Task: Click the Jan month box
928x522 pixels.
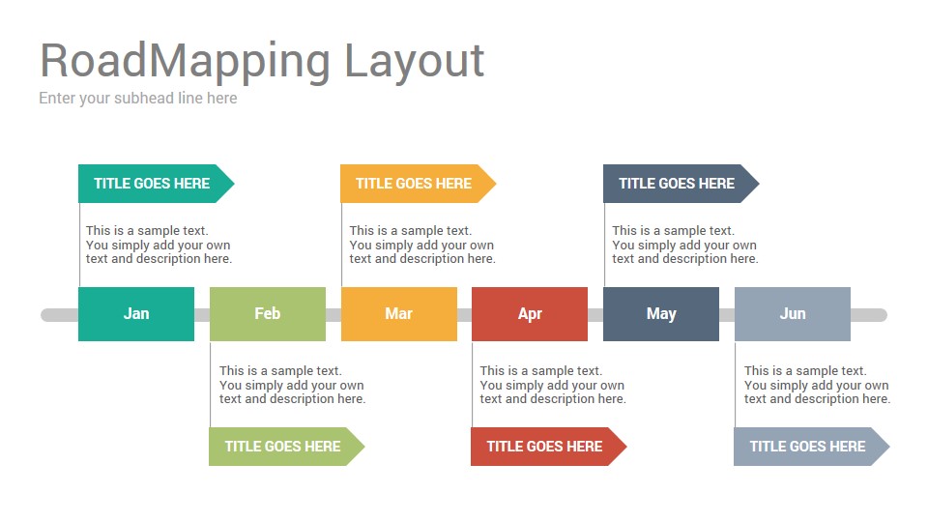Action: click(136, 314)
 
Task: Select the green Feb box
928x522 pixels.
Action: click(268, 314)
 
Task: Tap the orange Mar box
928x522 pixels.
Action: click(399, 314)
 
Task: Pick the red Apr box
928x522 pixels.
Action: click(530, 314)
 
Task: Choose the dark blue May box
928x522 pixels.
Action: click(661, 314)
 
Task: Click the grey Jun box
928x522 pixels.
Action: click(793, 314)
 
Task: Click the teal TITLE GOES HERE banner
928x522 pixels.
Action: click(153, 184)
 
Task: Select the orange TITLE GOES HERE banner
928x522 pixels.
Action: click(415, 184)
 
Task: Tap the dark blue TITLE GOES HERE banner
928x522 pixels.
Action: click(678, 184)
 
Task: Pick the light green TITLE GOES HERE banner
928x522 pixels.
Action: click(283, 447)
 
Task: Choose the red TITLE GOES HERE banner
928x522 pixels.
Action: click(545, 447)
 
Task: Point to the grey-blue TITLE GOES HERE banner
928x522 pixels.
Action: click(808, 447)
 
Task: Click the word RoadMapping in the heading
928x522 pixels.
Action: click(185, 61)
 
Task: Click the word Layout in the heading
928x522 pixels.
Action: click(414, 61)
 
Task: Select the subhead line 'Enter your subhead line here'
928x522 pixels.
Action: click(138, 98)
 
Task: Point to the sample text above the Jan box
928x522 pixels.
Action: click(159, 245)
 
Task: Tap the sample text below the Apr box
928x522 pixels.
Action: click(553, 385)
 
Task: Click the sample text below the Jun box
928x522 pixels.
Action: click(817, 385)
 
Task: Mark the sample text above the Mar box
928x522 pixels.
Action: click(421, 245)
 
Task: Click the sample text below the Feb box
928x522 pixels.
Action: click(292, 385)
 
